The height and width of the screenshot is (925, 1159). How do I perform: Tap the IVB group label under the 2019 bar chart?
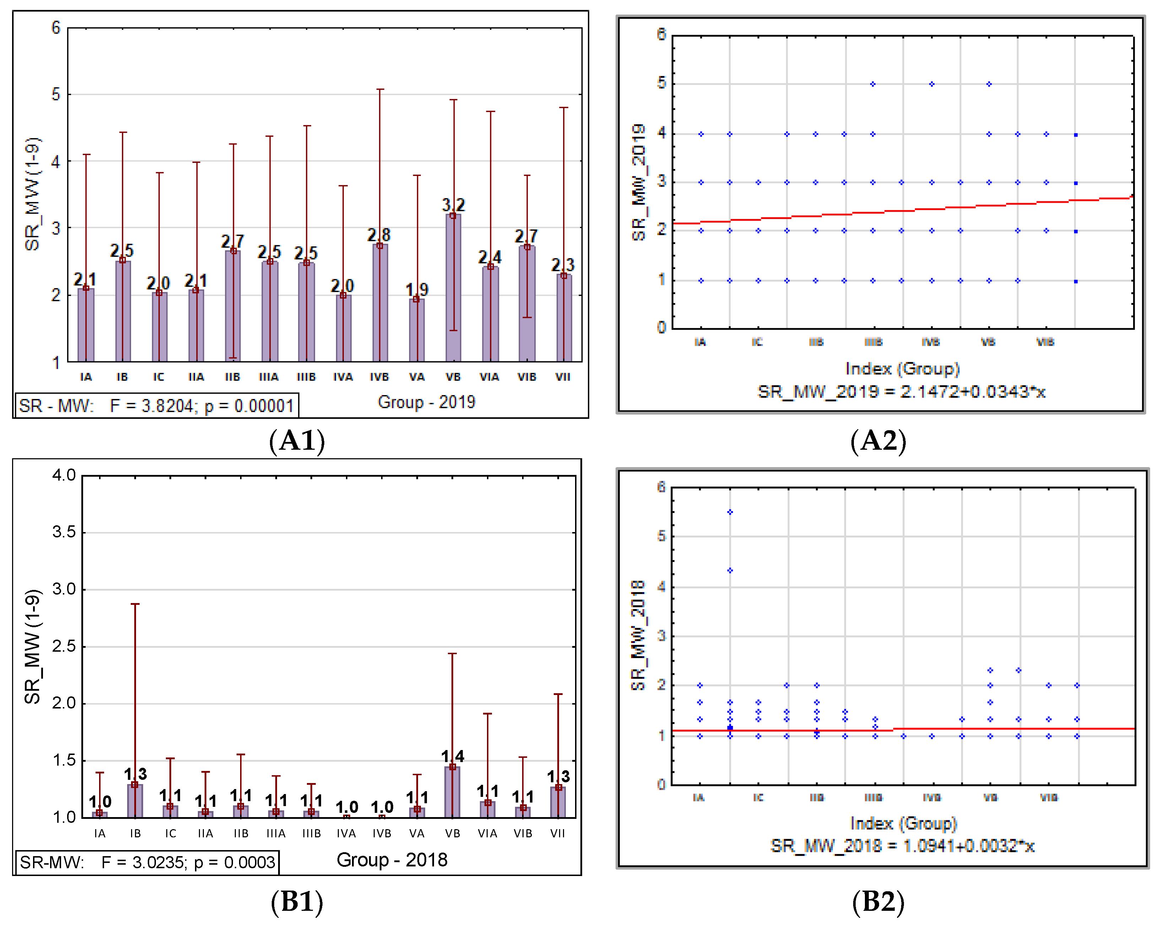coord(379,377)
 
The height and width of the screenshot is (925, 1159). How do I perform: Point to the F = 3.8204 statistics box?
coord(156,406)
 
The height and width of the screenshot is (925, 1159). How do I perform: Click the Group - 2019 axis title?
coord(426,402)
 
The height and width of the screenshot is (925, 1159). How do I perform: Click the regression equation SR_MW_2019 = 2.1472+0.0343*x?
coord(901,392)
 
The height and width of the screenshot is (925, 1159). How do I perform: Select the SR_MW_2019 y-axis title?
coord(638,183)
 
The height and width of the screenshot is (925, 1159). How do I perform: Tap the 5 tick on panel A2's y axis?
coord(661,83)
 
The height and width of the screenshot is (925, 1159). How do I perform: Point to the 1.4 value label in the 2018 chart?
coord(452,756)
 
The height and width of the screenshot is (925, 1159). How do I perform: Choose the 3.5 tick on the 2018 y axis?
coord(64,532)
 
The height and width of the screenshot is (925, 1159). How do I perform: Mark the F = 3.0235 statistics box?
coord(147,862)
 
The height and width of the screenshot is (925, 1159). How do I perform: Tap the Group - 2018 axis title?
coord(392,859)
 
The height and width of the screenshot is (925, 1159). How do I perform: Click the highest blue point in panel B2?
coord(730,512)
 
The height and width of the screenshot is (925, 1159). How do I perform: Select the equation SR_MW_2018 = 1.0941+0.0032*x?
coord(902,846)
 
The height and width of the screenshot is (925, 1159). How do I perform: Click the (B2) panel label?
coord(878,901)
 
